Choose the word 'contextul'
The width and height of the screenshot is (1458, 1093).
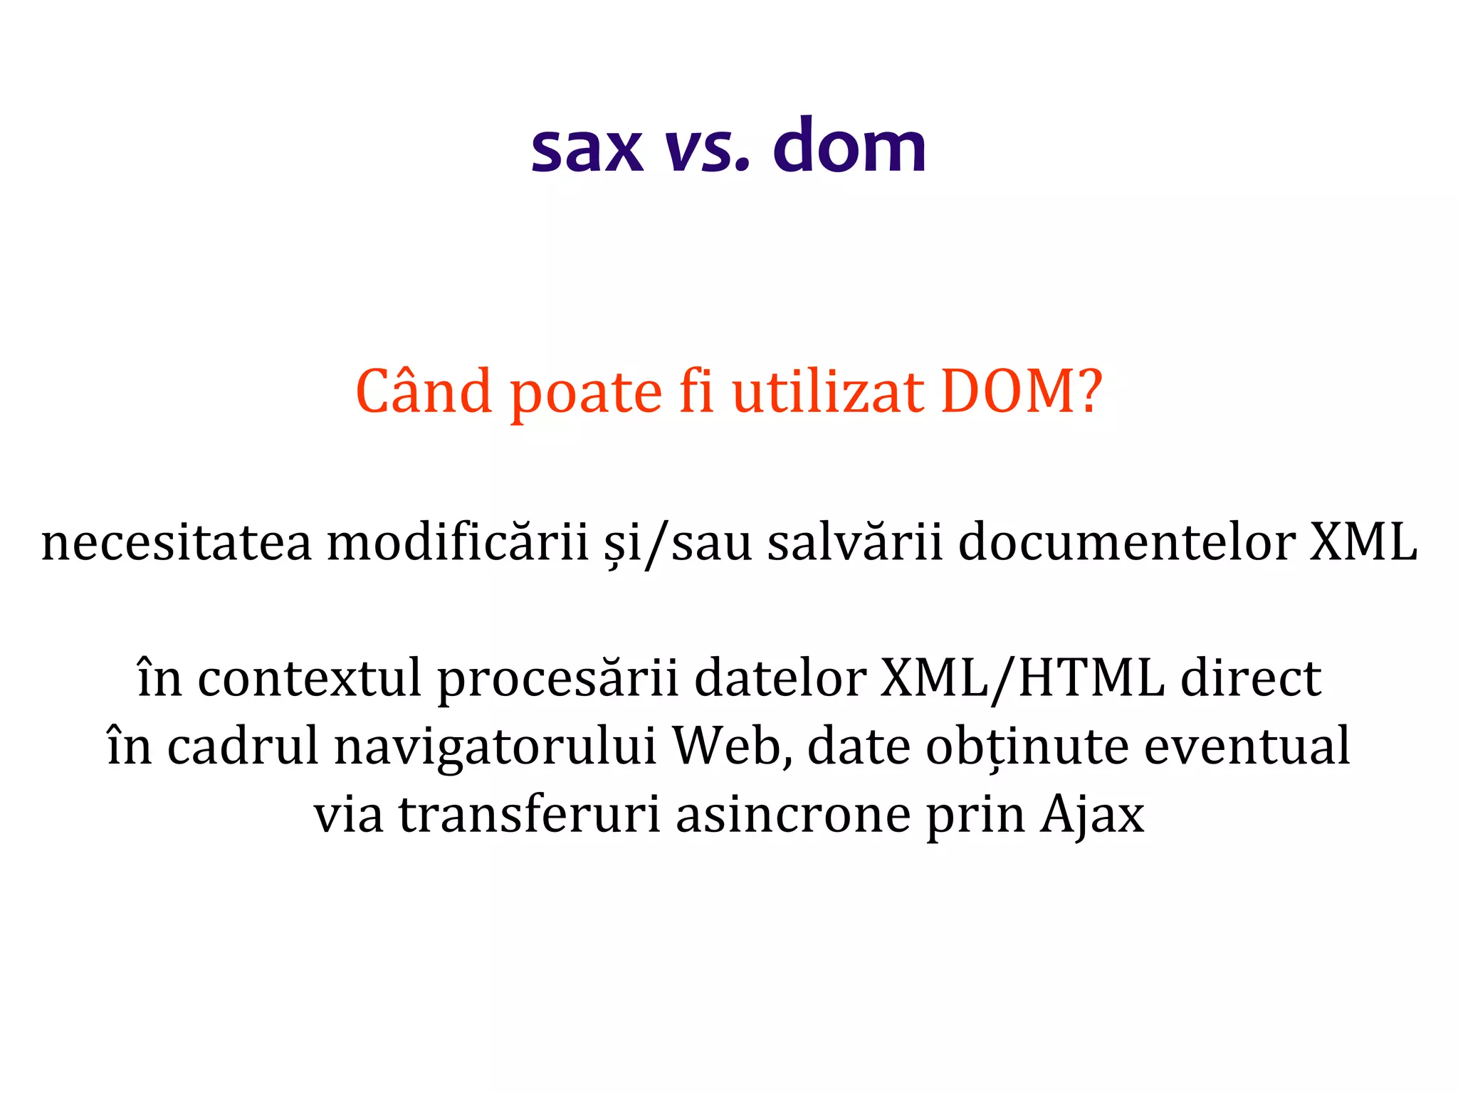click(309, 678)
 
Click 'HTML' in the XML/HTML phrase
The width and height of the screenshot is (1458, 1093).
click(1091, 678)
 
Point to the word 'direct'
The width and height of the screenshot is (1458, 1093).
click(1251, 678)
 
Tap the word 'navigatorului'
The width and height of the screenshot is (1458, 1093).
click(495, 747)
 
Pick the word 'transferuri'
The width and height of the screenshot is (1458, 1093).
click(529, 815)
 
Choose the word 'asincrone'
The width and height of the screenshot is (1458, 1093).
click(793, 815)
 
